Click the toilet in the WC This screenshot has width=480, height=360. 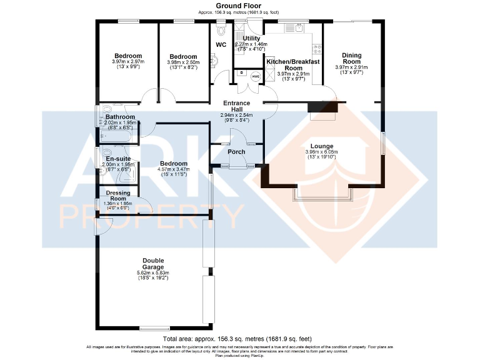click(x=221, y=30)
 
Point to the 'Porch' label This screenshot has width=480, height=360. click(x=236, y=152)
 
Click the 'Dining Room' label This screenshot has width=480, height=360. click(x=351, y=58)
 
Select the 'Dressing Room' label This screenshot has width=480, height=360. click(x=118, y=196)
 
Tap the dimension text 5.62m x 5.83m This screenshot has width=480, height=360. click(x=153, y=273)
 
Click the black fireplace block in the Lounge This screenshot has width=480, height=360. click(x=322, y=111)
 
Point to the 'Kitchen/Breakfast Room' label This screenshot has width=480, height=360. click(x=293, y=65)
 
